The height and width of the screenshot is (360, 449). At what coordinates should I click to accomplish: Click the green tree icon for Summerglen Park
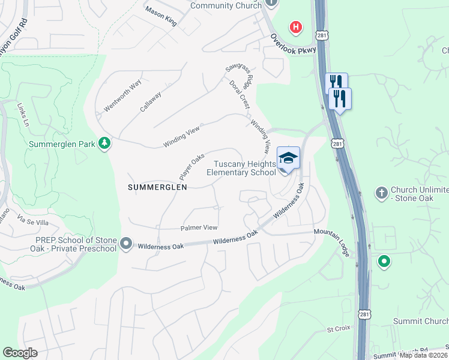pos(104,144)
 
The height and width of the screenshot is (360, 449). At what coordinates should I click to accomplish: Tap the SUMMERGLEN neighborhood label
pos(157,187)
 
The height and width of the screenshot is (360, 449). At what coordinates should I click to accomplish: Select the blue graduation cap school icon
pos(288,158)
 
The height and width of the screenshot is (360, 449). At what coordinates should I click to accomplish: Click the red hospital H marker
pos(295,27)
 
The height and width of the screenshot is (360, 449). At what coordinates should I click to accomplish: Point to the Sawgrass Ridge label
pos(238,76)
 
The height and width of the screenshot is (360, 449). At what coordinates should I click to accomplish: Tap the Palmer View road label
pos(199,228)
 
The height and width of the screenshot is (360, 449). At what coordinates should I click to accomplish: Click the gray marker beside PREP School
pos(125,244)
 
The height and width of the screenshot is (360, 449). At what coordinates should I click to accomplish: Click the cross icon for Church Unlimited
pos(381,193)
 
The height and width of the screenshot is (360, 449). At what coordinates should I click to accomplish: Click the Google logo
pos(20,353)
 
